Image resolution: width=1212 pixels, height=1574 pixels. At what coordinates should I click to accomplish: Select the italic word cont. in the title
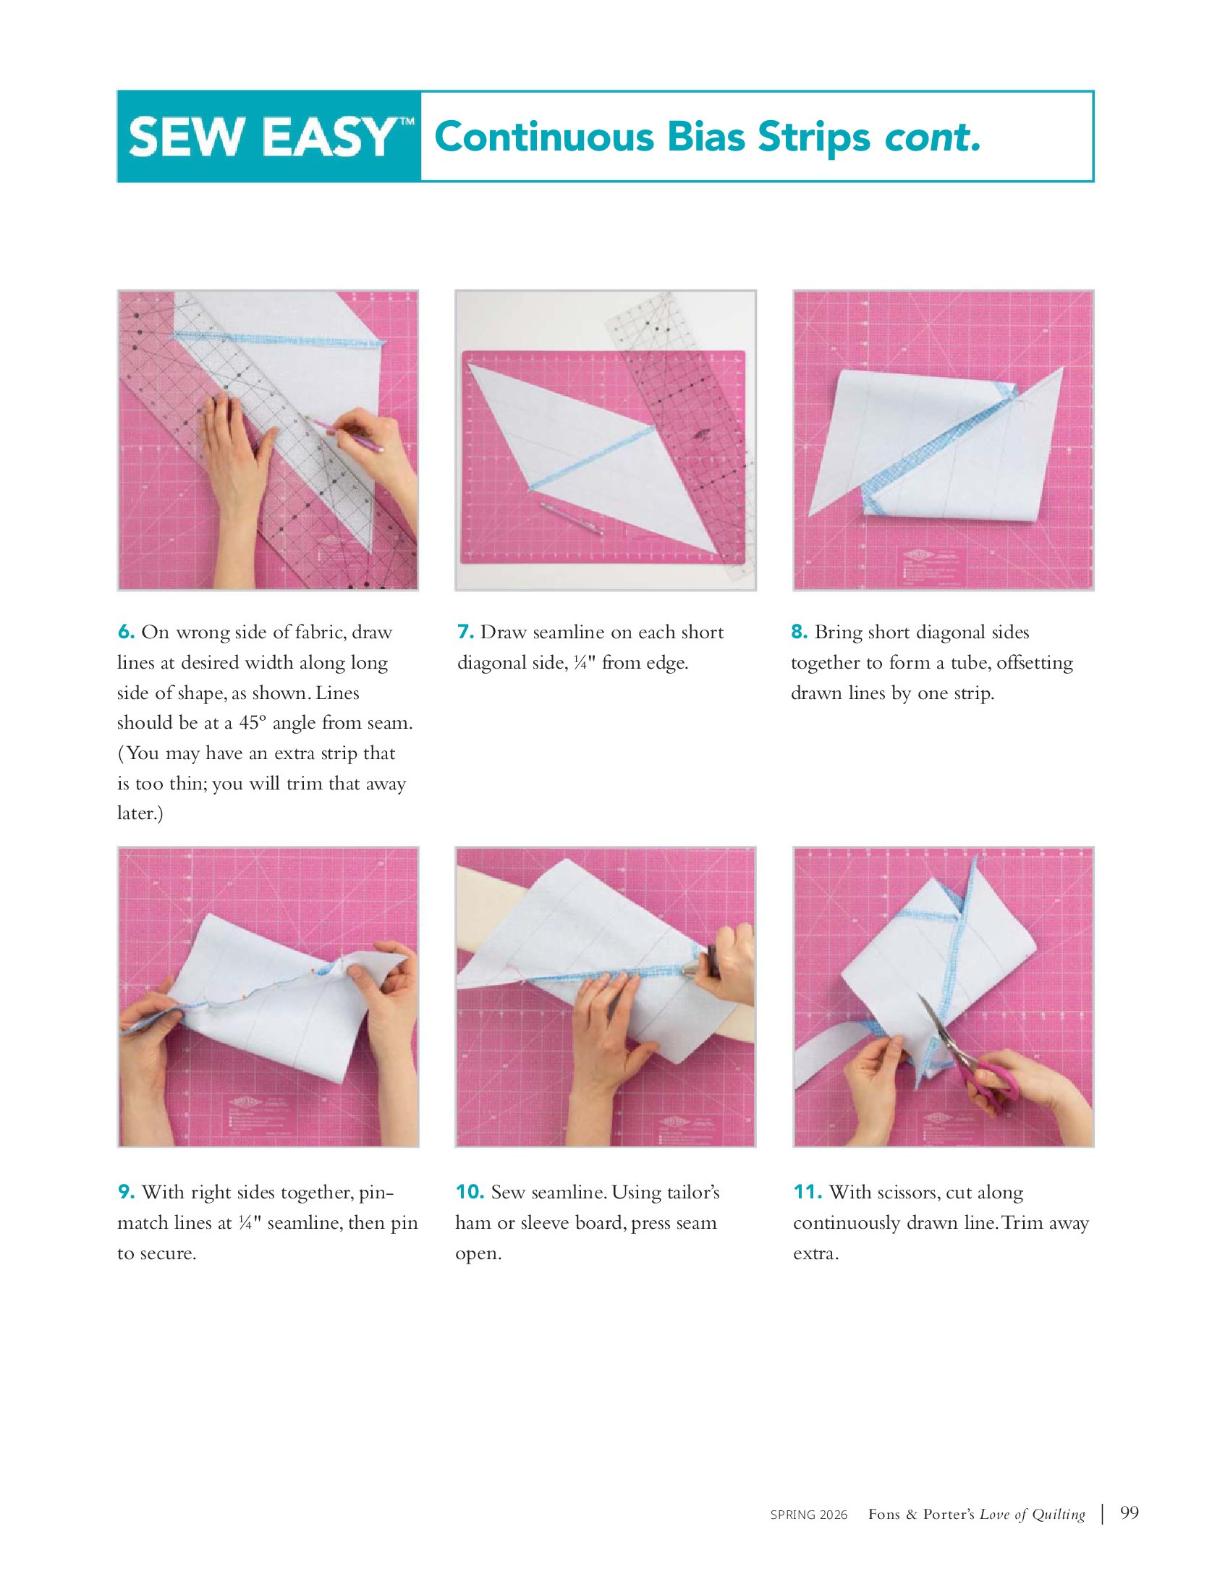[x=933, y=137]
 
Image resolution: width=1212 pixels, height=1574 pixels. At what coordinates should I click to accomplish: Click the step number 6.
[x=126, y=632]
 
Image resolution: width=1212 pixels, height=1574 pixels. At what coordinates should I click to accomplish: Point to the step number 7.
[x=465, y=632]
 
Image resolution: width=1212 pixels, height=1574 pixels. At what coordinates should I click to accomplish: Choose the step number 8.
[x=799, y=632]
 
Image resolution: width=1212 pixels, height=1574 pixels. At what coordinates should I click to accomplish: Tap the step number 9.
[x=126, y=1192]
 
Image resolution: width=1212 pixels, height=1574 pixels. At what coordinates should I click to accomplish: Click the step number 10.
[x=470, y=1192]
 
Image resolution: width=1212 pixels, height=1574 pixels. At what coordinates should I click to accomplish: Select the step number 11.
[x=808, y=1192]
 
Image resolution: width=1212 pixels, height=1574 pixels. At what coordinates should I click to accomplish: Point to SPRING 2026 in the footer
[x=809, y=1515]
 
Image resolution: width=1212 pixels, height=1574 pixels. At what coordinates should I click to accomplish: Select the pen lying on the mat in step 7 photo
[x=572, y=518]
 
